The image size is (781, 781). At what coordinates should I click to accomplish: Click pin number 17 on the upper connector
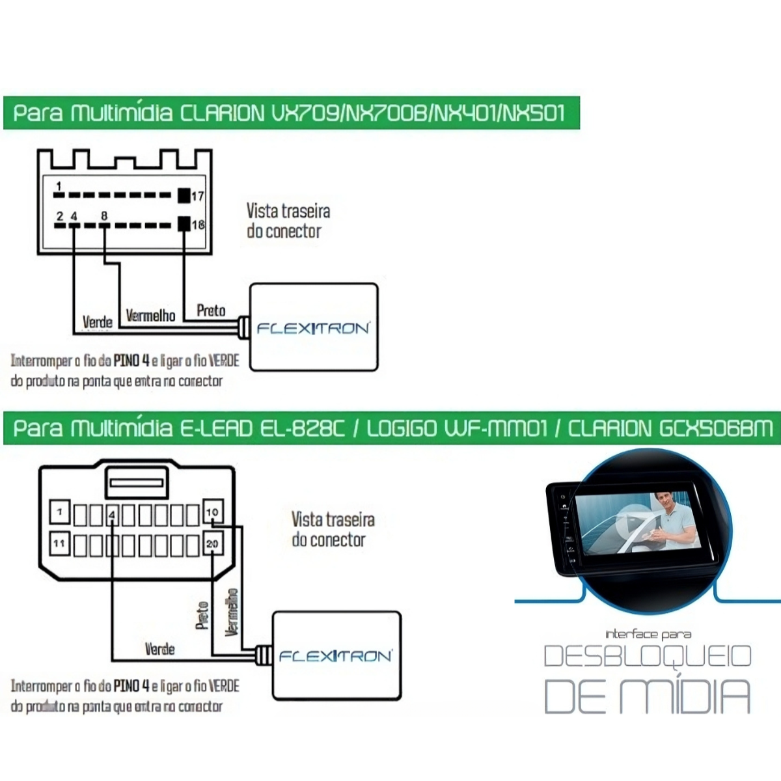click(197, 195)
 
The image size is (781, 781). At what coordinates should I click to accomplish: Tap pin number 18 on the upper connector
click(198, 225)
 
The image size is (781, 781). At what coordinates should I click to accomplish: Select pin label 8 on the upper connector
click(104, 216)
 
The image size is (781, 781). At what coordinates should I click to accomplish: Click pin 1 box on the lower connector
click(60, 512)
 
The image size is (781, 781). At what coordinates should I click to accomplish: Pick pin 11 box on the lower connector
click(60, 543)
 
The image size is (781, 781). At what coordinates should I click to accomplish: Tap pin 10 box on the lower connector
click(212, 512)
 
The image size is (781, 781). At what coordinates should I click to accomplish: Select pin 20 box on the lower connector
click(212, 543)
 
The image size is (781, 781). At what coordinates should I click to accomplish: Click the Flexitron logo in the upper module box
click(313, 328)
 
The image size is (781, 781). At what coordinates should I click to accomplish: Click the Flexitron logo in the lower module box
click(335, 656)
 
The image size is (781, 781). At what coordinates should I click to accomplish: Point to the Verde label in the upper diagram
click(98, 322)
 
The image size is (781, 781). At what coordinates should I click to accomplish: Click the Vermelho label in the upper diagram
click(150, 316)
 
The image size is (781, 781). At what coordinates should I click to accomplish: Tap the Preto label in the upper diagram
click(211, 310)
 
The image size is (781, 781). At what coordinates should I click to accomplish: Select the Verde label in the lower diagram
click(159, 649)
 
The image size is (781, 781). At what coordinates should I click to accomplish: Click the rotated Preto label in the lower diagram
click(202, 615)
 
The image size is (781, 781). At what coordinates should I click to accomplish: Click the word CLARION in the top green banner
click(222, 113)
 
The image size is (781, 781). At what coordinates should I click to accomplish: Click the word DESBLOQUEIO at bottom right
click(647, 656)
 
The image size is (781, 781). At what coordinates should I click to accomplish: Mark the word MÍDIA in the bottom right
click(683, 696)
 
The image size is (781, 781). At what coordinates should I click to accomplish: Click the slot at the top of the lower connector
click(138, 482)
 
